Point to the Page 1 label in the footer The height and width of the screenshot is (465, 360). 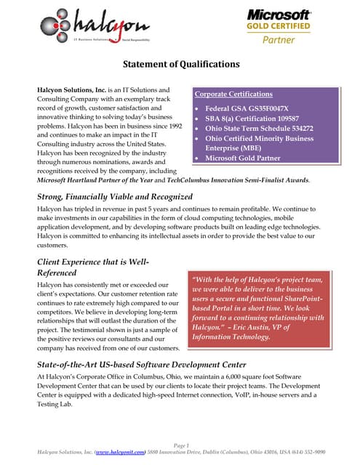(181, 445)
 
